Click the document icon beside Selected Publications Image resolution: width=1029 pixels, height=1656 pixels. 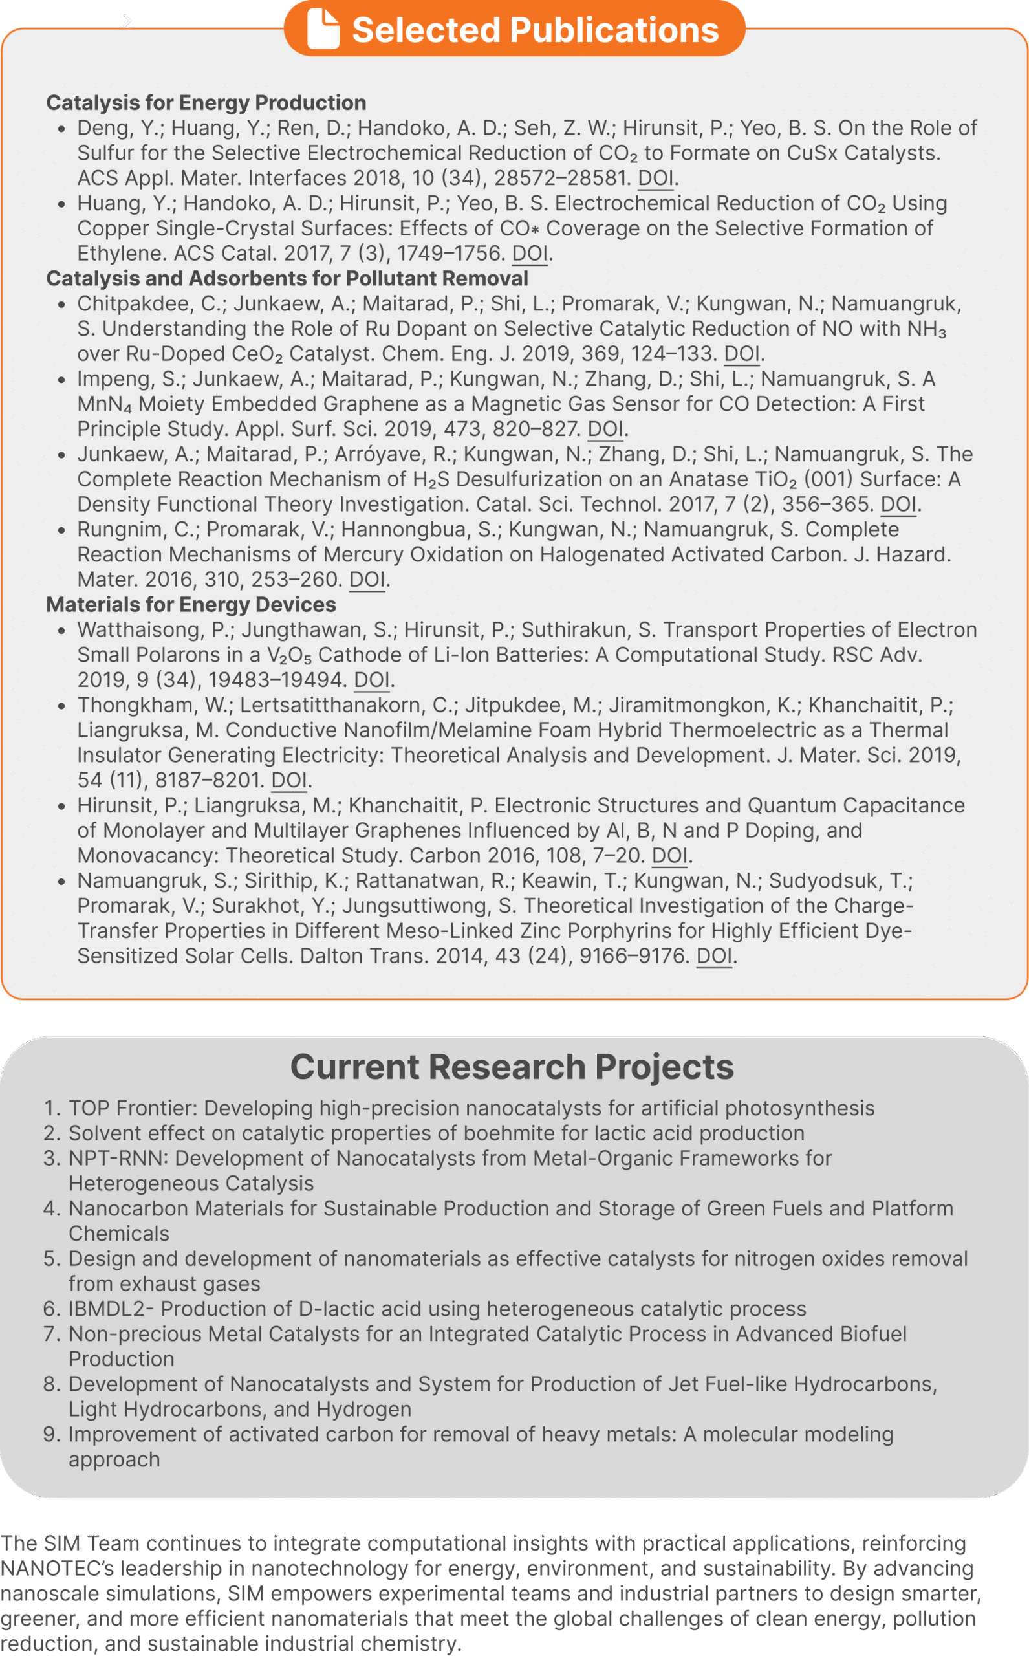tap(323, 28)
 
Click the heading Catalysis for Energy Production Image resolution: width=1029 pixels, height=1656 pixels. tap(206, 103)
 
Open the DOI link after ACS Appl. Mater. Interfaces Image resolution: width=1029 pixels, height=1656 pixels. tap(655, 179)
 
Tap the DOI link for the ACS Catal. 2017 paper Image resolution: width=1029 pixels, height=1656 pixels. tap(530, 253)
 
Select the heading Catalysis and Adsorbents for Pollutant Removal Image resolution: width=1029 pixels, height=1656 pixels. tap(287, 278)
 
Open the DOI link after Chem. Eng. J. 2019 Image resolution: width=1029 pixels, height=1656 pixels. tap(741, 354)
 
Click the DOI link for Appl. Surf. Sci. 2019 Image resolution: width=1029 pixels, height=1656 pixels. tap(605, 429)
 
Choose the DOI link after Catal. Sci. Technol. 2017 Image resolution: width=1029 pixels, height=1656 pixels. tap(898, 505)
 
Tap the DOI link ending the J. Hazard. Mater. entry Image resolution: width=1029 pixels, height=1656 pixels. tap(367, 579)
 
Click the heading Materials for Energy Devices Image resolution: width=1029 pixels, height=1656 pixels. tap(191, 604)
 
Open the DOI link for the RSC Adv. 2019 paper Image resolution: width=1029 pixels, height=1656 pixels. tap(372, 680)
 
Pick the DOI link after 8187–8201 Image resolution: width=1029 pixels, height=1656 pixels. tap(288, 780)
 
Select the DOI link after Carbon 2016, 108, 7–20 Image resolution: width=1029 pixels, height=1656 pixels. tap(669, 856)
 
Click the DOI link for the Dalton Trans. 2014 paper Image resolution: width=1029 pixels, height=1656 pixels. tap(714, 955)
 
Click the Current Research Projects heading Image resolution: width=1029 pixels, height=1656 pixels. tap(512, 1067)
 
